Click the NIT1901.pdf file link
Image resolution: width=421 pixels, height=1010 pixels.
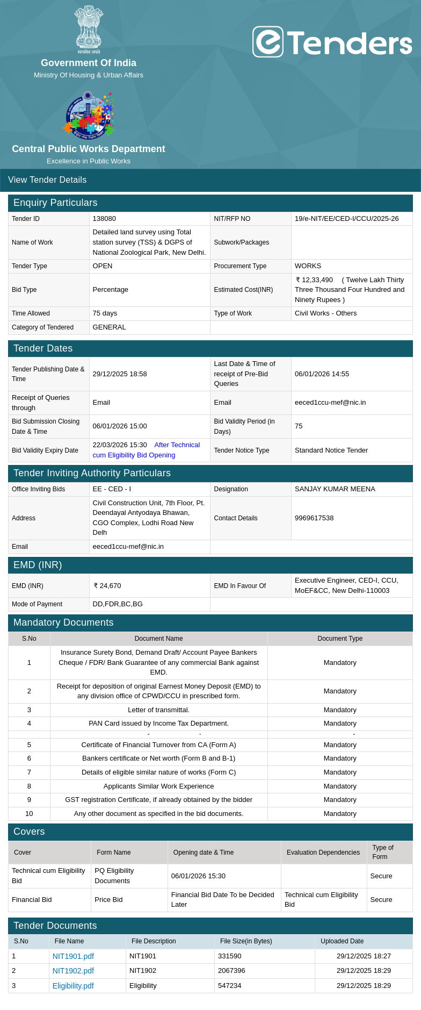tap(73, 956)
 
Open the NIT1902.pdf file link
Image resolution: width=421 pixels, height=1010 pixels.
tap(73, 971)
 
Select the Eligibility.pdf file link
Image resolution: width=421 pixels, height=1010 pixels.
tap(73, 986)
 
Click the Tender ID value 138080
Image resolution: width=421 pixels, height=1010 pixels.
tap(104, 219)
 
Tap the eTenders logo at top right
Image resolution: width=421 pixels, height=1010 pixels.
tap(332, 42)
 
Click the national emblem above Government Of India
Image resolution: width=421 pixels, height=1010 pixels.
tap(89, 29)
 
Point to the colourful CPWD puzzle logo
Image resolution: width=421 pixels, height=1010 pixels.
tap(89, 114)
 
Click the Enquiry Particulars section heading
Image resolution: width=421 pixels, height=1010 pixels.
tap(55, 203)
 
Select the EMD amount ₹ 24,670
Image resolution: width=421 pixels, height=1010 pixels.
tap(107, 586)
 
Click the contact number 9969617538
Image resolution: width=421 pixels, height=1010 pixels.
tap(314, 518)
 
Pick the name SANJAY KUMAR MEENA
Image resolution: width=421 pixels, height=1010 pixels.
tap(335, 489)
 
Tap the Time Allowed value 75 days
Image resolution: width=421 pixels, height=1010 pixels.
tap(105, 313)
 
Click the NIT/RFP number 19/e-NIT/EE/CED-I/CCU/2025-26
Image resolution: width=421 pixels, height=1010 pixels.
tap(346, 219)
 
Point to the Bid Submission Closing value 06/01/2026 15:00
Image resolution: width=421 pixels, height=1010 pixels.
tap(120, 426)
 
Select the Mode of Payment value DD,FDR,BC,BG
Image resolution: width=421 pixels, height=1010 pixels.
tap(118, 604)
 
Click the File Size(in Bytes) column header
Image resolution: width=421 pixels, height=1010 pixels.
tap(246, 941)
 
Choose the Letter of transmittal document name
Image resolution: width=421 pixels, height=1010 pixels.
tap(158, 710)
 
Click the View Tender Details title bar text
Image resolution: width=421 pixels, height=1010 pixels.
tap(47, 180)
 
